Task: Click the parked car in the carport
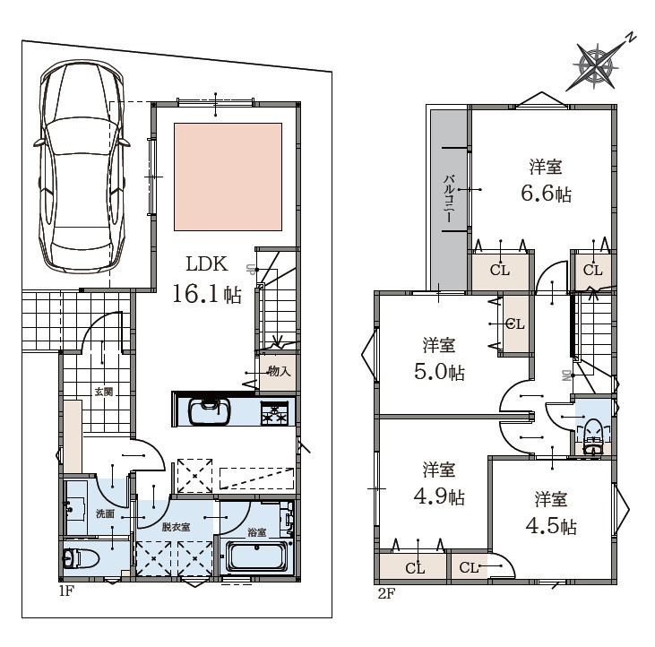point(82,167)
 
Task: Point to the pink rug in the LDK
point(228,177)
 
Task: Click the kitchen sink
point(210,411)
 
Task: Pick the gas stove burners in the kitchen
point(274,413)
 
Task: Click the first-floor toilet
point(81,557)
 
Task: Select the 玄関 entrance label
point(104,392)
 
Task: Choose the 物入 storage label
point(279,371)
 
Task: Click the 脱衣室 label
point(176,527)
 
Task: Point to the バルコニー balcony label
point(450,198)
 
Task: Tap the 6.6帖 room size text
point(546,194)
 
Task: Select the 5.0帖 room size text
point(439,371)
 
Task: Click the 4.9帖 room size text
point(439,496)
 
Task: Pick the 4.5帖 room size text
point(551,525)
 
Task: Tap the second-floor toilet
point(592,436)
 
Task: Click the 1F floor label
point(66,591)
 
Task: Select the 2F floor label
point(386,593)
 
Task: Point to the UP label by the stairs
point(251,270)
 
